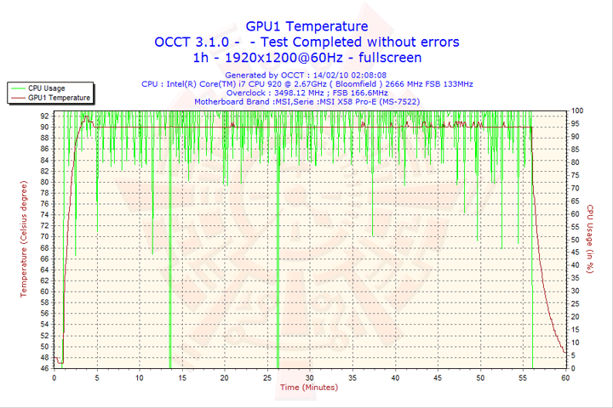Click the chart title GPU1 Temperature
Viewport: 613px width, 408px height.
tap(306, 26)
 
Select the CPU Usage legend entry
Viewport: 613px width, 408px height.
tap(47, 88)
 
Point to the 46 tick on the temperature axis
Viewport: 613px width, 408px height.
tap(44, 369)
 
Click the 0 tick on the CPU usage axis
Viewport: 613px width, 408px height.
tap(574, 369)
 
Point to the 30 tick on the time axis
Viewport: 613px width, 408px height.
tap(310, 377)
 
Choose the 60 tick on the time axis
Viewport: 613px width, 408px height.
tap(565, 377)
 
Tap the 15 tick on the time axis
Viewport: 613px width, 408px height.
tap(182, 377)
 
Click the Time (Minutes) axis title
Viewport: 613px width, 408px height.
tap(310, 388)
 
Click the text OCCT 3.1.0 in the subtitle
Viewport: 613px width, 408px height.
tap(191, 42)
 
